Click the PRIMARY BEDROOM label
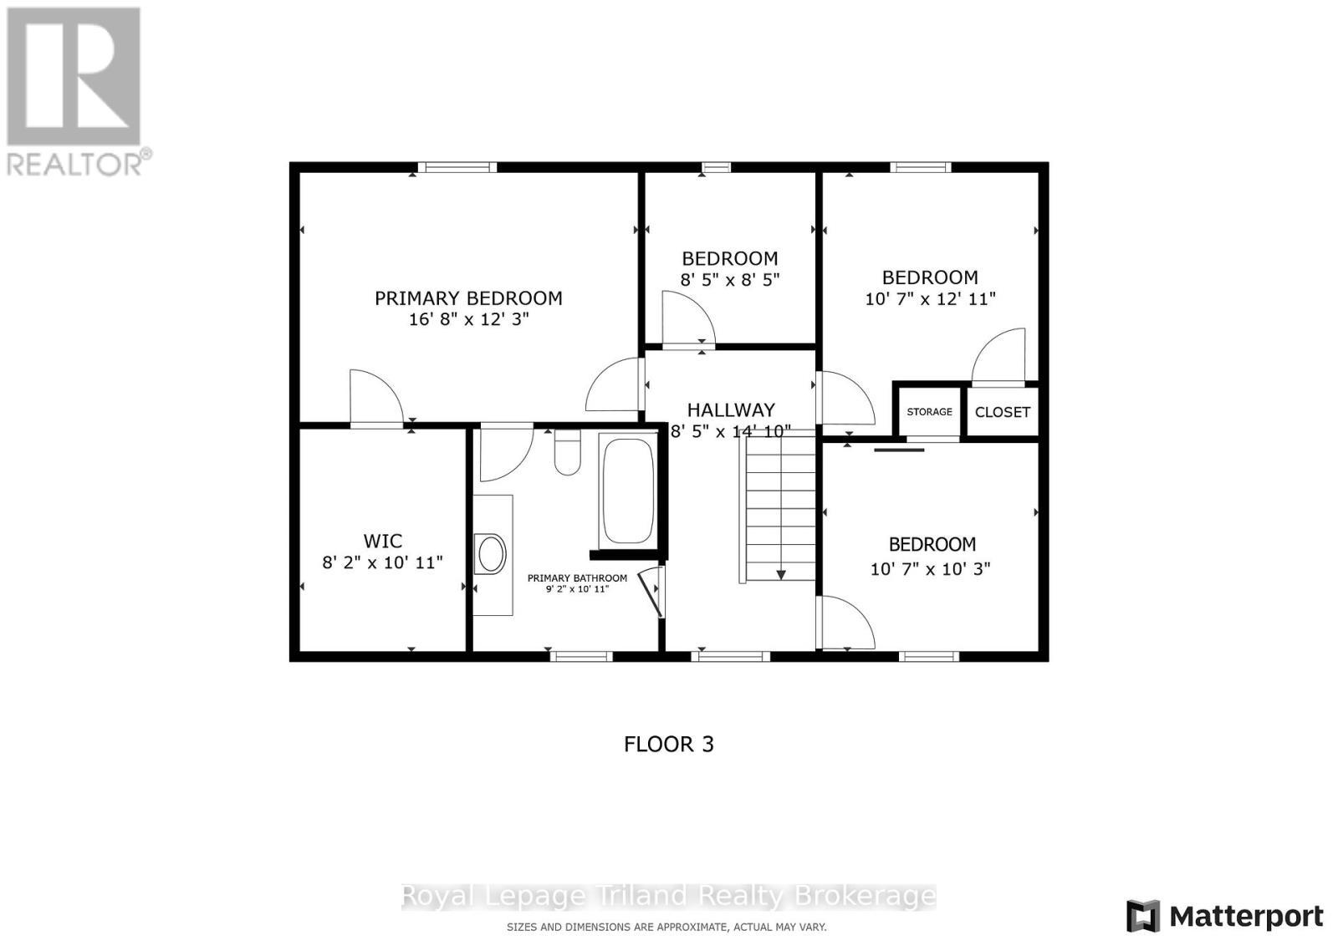pos(468,298)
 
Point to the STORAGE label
pos(929,412)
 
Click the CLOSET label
pos(1002,412)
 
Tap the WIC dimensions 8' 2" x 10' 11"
pos(382,562)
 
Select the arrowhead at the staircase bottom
pos(781,574)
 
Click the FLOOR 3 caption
pos(669,745)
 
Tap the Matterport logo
pos(1225,917)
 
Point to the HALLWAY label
pos(730,410)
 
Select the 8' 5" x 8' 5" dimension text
pos(729,280)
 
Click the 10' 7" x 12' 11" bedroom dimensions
pos(930,299)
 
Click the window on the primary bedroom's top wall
pos(457,167)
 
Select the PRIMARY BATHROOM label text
pos(577,578)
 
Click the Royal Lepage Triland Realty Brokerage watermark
pos(669,897)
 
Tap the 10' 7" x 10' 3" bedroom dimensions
pos(930,569)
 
